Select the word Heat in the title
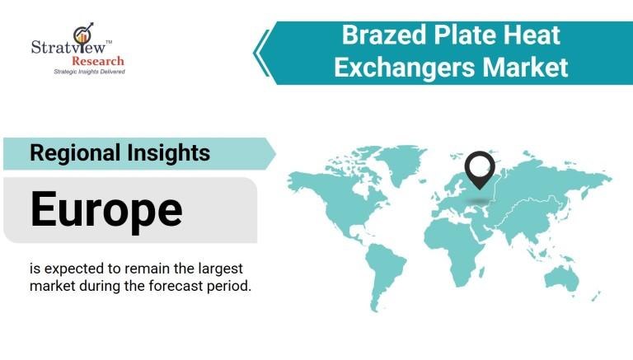coord(532,35)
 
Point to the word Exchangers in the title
coord(405,68)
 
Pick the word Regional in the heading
coord(75,154)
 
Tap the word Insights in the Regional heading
coord(169,153)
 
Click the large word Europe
coord(106,210)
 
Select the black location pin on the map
coord(480,170)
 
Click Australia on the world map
coord(561,278)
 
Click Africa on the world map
coord(454,246)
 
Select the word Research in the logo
coord(98,61)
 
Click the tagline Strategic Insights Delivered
coord(89,72)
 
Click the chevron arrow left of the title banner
coord(262,53)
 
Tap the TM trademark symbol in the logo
coord(109,41)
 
